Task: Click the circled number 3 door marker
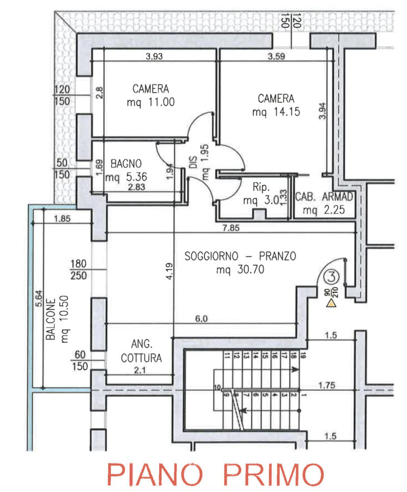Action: [x=331, y=277]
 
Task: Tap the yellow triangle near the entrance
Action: [x=331, y=304]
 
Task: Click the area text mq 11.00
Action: [x=151, y=102]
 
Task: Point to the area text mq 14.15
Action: [x=276, y=112]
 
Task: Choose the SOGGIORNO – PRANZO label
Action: [x=240, y=256]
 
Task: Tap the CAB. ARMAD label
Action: [x=324, y=196]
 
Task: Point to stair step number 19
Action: [x=303, y=356]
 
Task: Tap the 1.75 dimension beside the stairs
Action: [x=327, y=386]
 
